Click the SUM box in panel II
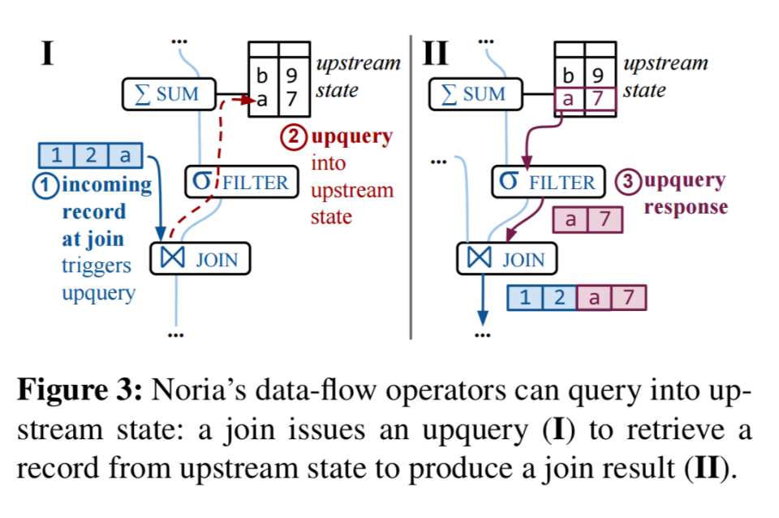tap(477, 95)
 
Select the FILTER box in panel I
tap(240, 182)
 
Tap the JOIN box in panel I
tap(200, 260)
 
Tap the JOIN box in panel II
tap(507, 260)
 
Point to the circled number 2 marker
tap(291, 137)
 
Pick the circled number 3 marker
tap(628, 181)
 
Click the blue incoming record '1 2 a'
tap(90, 154)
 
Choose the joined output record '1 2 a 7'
tap(576, 298)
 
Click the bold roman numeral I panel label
tap(48, 54)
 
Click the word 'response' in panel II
tap(686, 207)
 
